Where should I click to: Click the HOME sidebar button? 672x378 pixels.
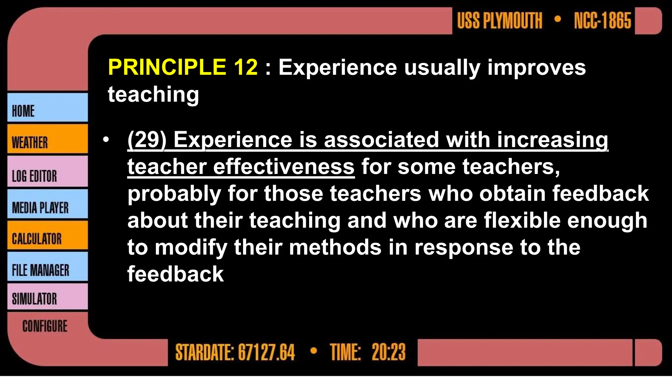pyautogui.click(x=47, y=108)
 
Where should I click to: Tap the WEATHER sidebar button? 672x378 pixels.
pyautogui.click(x=47, y=139)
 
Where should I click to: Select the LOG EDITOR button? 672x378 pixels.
pyautogui.click(x=47, y=172)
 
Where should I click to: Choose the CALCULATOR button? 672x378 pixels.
pyautogui.click(x=47, y=235)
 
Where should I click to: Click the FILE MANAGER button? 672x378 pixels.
pyautogui.click(x=47, y=267)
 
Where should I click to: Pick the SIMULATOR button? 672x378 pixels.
pyautogui.click(x=47, y=297)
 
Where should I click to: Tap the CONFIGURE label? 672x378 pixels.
pyautogui.click(x=45, y=326)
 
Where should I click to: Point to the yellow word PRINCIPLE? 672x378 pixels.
pyautogui.click(x=167, y=67)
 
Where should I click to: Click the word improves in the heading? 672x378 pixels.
pyautogui.click(x=536, y=68)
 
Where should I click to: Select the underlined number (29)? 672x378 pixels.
pyautogui.click(x=147, y=140)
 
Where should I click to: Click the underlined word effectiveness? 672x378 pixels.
pyautogui.click(x=284, y=167)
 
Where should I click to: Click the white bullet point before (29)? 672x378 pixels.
pyautogui.click(x=106, y=140)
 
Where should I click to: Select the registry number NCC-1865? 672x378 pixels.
pyautogui.click(x=602, y=21)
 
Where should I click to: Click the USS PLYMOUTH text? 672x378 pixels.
pyautogui.click(x=499, y=21)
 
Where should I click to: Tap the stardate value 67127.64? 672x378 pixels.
pyautogui.click(x=266, y=352)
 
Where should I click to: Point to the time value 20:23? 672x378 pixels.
pyautogui.click(x=388, y=352)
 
